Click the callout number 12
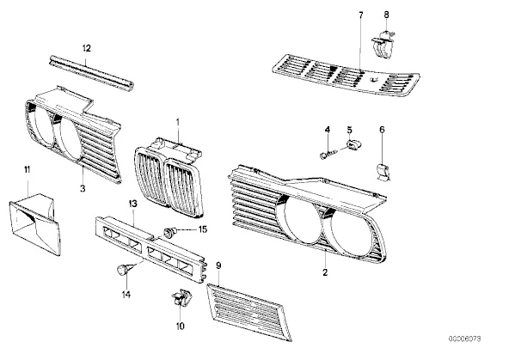(x=86, y=48)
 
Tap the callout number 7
(x=361, y=15)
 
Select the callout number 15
(x=203, y=229)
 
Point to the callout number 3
(x=83, y=188)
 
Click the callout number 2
(x=325, y=272)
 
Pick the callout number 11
(x=27, y=169)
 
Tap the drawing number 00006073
(x=465, y=339)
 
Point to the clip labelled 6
(x=383, y=172)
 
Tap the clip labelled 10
(x=181, y=297)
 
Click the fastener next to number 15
(x=169, y=232)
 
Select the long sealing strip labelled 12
(x=91, y=73)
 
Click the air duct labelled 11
(x=34, y=223)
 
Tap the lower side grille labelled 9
(x=249, y=312)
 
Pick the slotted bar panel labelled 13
(x=150, y=249)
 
